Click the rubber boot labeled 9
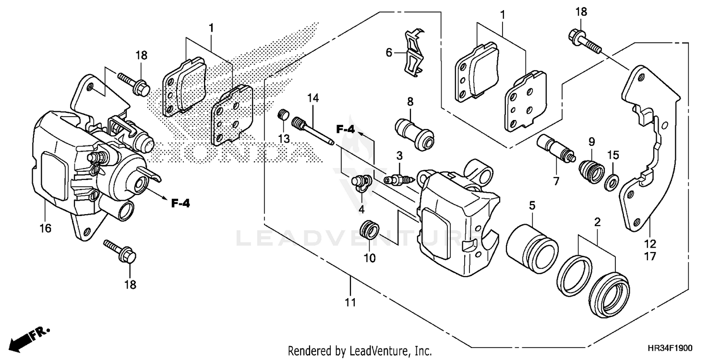point(590,171)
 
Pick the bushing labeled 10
point(370,229)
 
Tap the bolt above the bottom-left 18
point(120,252)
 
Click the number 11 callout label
point(350,302)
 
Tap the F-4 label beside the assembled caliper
point(180,204)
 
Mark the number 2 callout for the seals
point(597,222)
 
